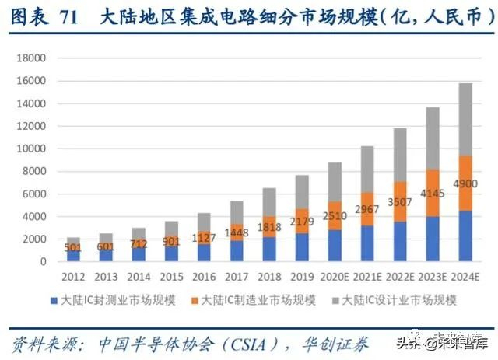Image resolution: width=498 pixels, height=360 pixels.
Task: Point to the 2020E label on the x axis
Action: (x=335, y=276)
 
